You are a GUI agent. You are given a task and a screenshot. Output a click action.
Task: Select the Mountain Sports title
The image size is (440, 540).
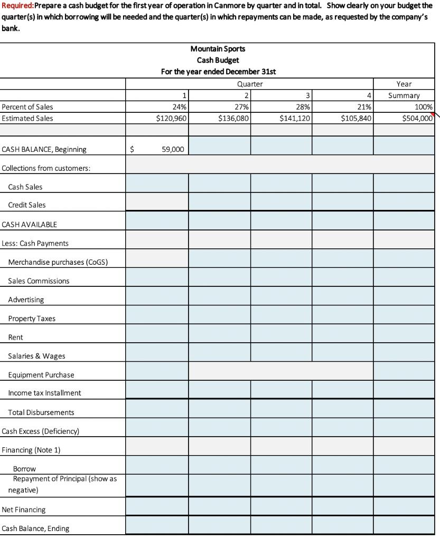tap(218, 49)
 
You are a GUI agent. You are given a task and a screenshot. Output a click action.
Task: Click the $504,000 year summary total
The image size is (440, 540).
tap(417, 118)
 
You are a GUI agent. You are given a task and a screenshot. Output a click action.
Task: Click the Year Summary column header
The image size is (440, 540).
tap(404, 90)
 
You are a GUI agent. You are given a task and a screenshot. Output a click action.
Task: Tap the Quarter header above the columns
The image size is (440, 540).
tap(250, 84)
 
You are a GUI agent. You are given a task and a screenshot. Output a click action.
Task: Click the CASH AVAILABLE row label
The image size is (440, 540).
tap(30, 224)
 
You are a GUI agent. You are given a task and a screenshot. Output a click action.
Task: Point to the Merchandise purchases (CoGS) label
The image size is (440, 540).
tap(58, 262)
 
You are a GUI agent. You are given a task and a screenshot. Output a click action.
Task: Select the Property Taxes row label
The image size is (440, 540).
tap(32, 319)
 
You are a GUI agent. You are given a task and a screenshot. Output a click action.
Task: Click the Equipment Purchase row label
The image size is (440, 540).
tap(41, 375)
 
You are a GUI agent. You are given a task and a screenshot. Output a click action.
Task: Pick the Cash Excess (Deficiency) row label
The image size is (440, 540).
tap(41, 431)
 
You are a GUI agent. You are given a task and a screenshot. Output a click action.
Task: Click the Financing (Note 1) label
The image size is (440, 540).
tap(31, 450)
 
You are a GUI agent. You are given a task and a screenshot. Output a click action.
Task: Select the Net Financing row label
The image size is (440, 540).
tap(24, 509)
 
